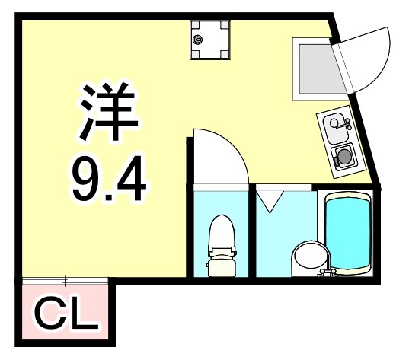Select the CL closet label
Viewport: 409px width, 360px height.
pos(67,315)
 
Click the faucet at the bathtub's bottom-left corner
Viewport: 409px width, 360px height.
pos(329,270)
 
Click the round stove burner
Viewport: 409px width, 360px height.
pos(344,156)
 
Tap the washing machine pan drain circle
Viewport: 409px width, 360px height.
pos(198,37)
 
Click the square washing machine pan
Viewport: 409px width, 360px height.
pos(209,39)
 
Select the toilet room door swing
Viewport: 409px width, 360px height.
pos(221,156)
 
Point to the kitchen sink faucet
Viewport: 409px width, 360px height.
pos(340,119)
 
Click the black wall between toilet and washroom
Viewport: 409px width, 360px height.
pos(252,232)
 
